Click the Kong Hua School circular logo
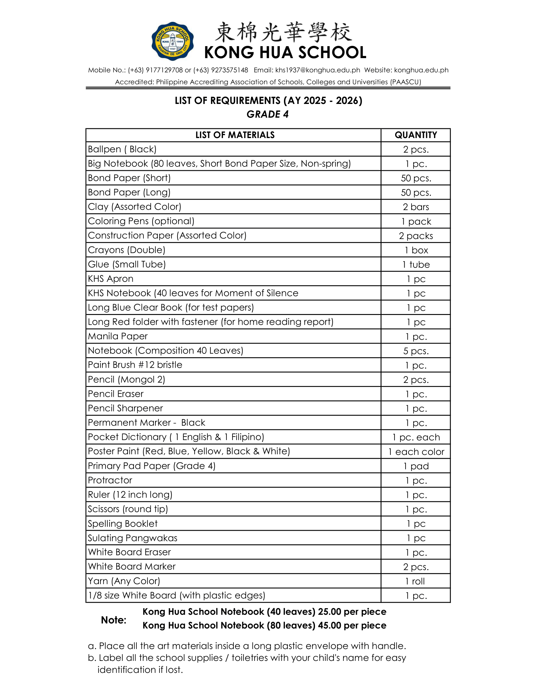tap(172, 41)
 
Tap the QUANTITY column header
tap(416, 135)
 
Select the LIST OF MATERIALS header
tap(235, 135)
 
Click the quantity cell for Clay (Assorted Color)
tap(416, 207)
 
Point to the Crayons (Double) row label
tap(127, 250)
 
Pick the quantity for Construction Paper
tap(416, 236)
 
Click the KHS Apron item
tap(111, 279)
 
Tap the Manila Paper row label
tap(118, 336)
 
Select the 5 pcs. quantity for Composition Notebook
tap(416, 351)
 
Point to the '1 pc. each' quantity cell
tap(416, 437)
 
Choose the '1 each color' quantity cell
tap(416, 451)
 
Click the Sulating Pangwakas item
tap(133, 538)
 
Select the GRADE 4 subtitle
tap(268, 114)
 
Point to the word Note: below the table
tap(114, 620)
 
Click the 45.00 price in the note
tap(329, 625)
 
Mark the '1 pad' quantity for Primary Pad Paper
tap(416, 466)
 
